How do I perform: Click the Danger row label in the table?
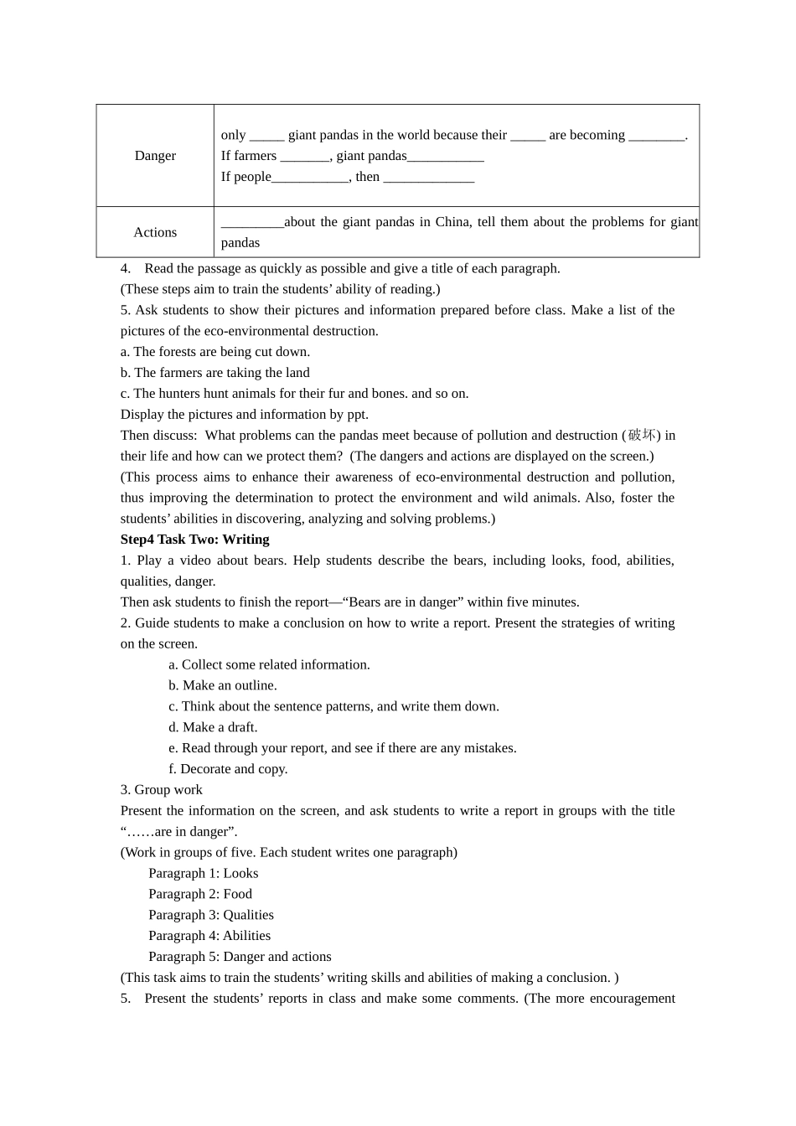point(155,156)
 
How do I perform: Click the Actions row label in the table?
point(155,232)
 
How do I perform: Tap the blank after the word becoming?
point(656,136)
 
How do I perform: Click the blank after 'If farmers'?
point(305,157)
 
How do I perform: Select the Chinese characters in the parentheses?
point(641,435)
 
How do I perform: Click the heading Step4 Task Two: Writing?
point(194,540)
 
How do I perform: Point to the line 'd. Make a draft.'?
point(213,727)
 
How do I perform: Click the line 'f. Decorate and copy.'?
point(228,769)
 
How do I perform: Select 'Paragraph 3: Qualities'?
point(211,915)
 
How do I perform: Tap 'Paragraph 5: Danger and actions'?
point(240,957)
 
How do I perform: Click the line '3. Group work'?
point(162,790)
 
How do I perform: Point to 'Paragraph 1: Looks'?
point(204,873)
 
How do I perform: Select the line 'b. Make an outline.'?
point(223,685)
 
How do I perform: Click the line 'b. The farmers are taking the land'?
point(215,373)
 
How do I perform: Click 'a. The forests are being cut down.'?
point(215,352)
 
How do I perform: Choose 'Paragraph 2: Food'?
point(200,894)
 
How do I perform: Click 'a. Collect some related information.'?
point(269,664)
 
